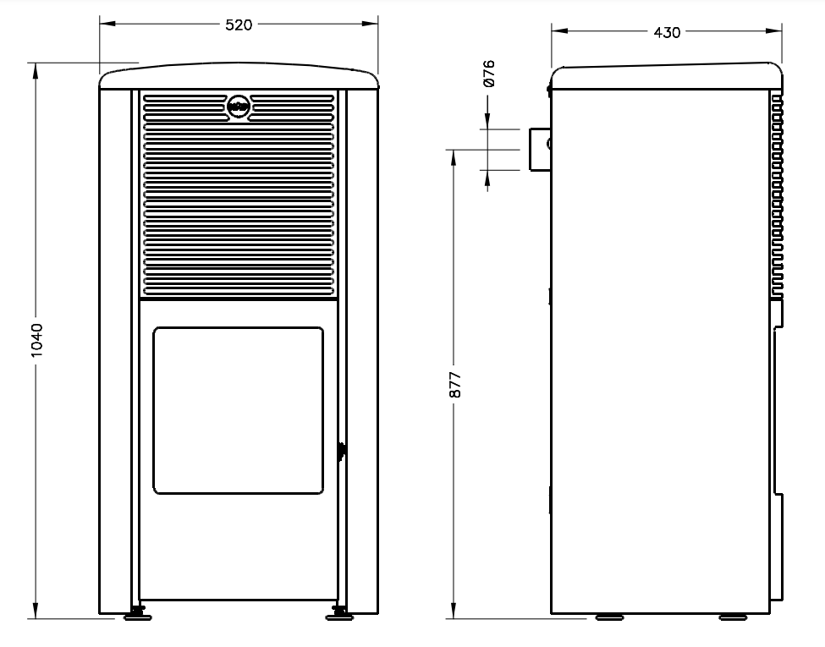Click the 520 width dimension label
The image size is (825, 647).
[239, 25]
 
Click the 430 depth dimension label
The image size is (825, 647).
[667, 33]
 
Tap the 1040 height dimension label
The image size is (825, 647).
[36, 340]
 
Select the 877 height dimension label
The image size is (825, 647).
[455, 385]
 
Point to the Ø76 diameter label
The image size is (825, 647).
[488, 73]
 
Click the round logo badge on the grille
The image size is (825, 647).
[239, 107]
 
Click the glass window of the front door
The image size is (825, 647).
[239, 410]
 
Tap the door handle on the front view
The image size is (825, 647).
[342, 451]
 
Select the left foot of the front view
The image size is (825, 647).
[138, 614]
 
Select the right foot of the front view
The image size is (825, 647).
[339, 614]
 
